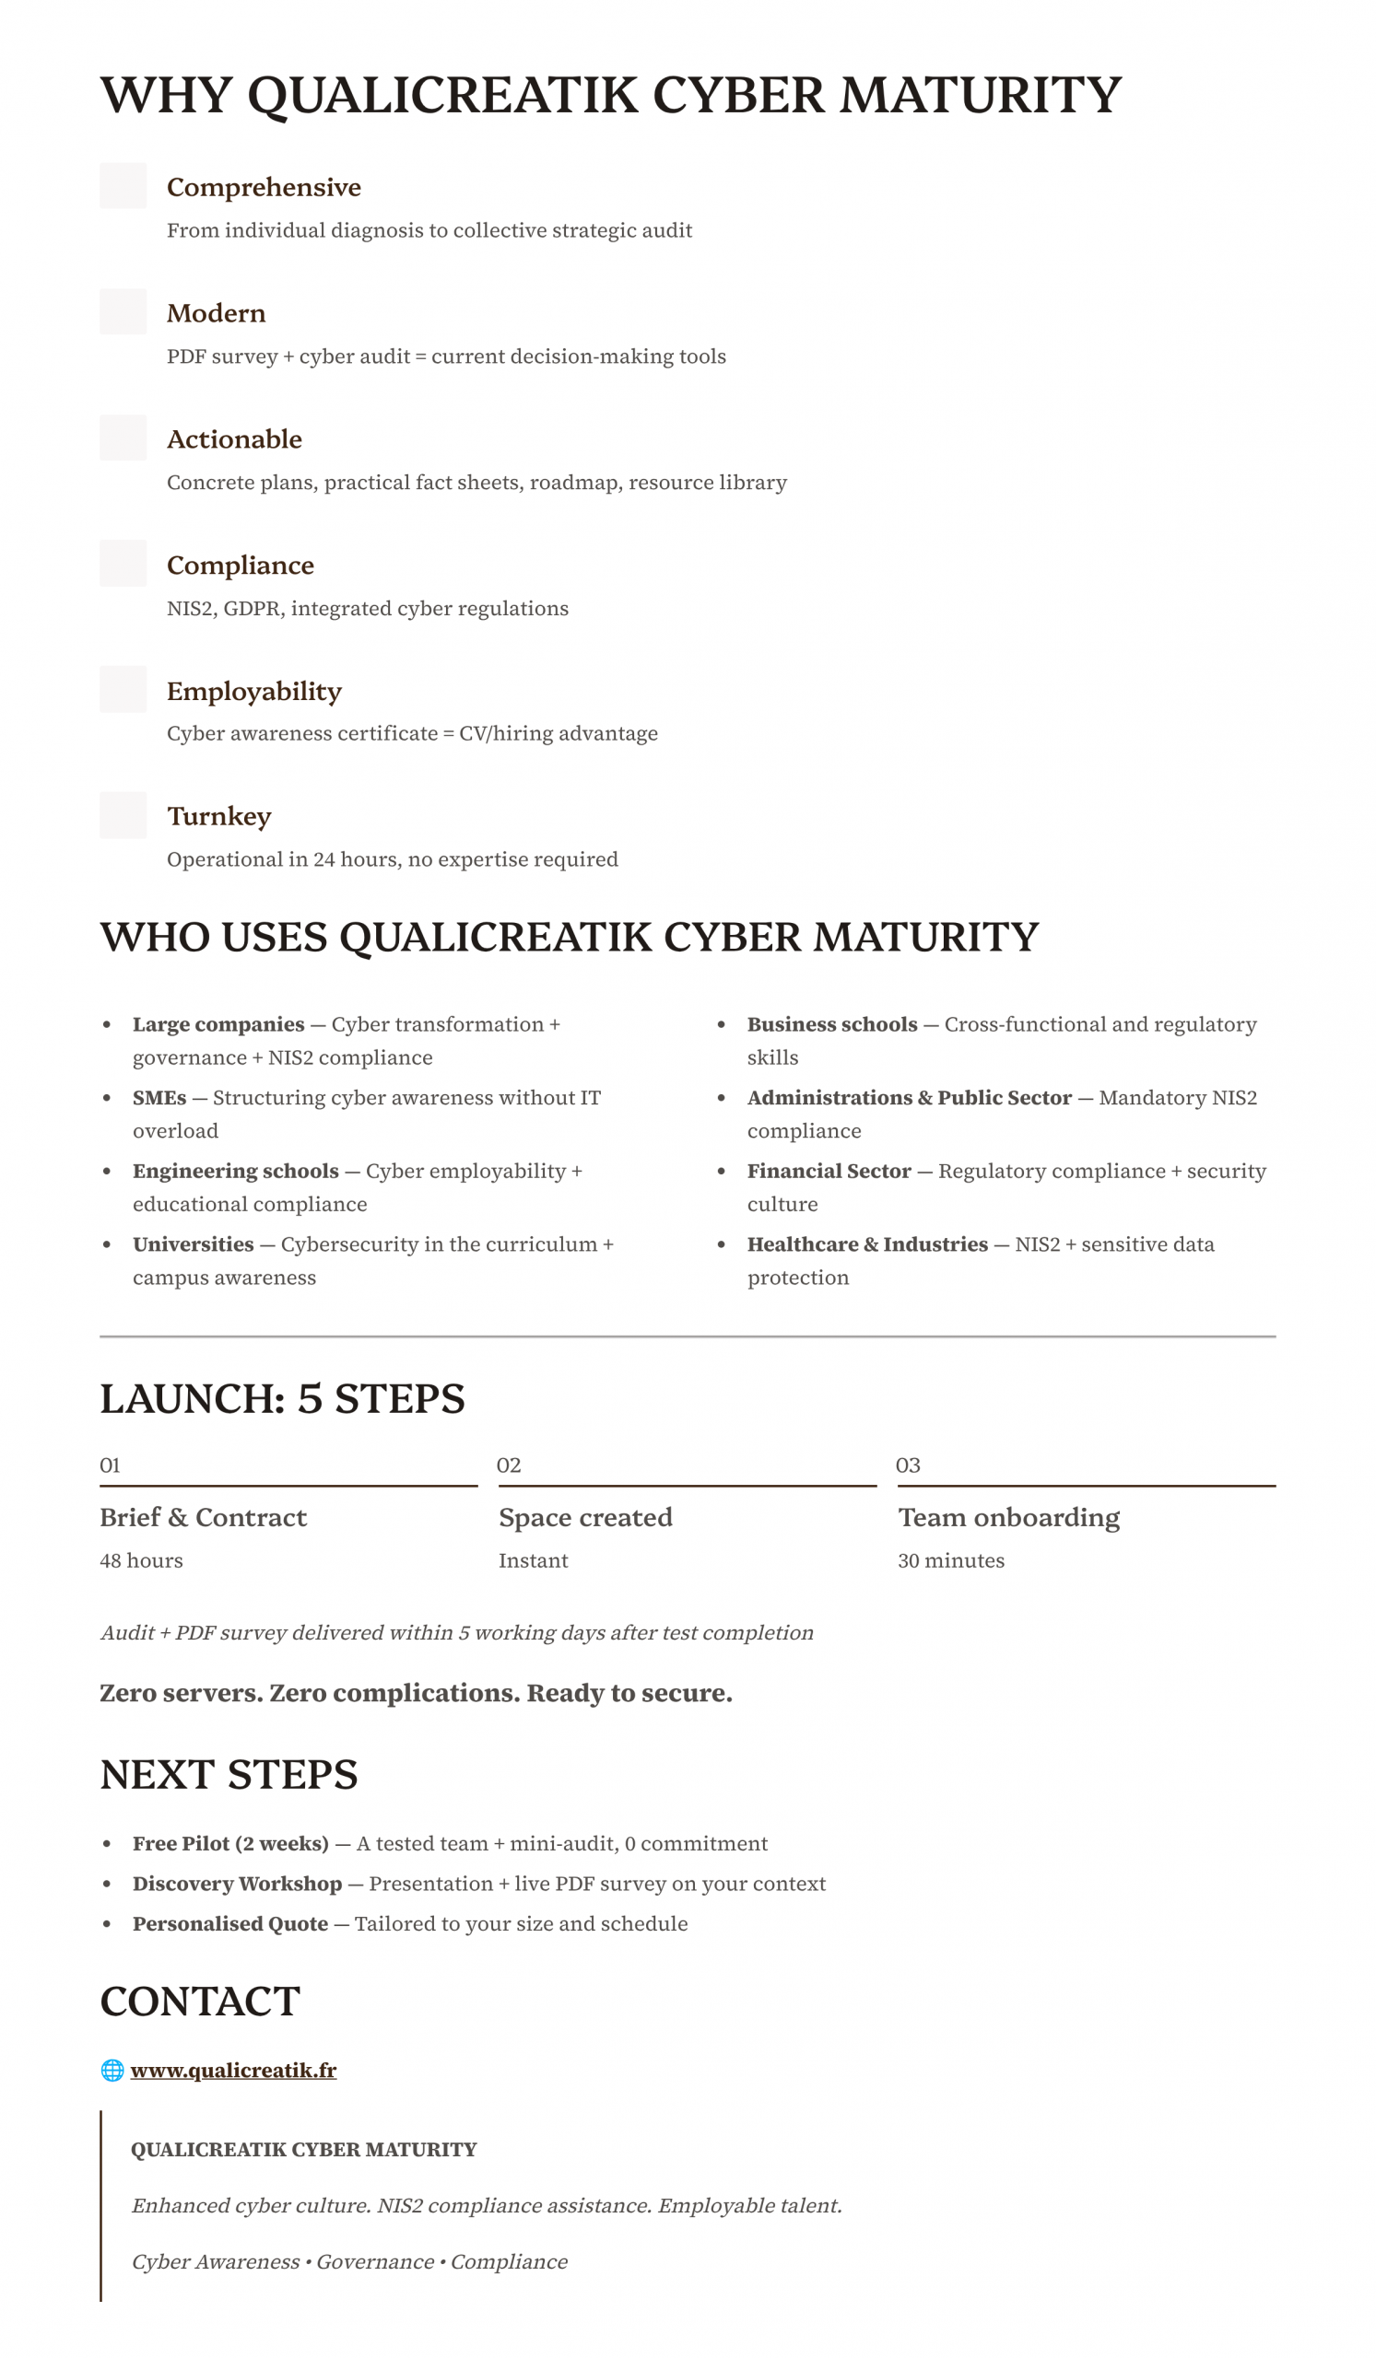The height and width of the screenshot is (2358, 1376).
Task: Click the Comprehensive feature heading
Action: coord(263,187)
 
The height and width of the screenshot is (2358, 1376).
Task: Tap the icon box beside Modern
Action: coord(123,311)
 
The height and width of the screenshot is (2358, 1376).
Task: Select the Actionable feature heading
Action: coord(234,438)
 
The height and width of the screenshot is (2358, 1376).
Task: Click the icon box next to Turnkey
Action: coord(123,815)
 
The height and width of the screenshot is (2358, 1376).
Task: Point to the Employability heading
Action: coord(253,691)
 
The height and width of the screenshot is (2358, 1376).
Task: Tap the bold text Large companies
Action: coord(218,1023)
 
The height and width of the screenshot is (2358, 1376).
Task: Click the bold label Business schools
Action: coord(831,1023)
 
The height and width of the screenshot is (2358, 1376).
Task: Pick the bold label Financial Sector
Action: coord(829,1171)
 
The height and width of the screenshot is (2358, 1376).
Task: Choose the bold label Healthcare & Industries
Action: coord(866,1243)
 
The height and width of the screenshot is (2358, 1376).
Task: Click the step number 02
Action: coord(508,1465)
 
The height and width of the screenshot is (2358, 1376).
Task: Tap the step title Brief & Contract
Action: coord(203,1517)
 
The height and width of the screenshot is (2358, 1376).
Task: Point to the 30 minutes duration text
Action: coord(950,1559)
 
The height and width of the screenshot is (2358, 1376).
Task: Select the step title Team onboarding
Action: coord(1008,1517)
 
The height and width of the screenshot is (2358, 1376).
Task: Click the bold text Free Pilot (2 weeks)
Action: coord(230,1843)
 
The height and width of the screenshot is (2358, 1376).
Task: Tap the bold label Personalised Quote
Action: coord(230,1924)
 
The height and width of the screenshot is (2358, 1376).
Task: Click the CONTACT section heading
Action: coord(200,2002)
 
